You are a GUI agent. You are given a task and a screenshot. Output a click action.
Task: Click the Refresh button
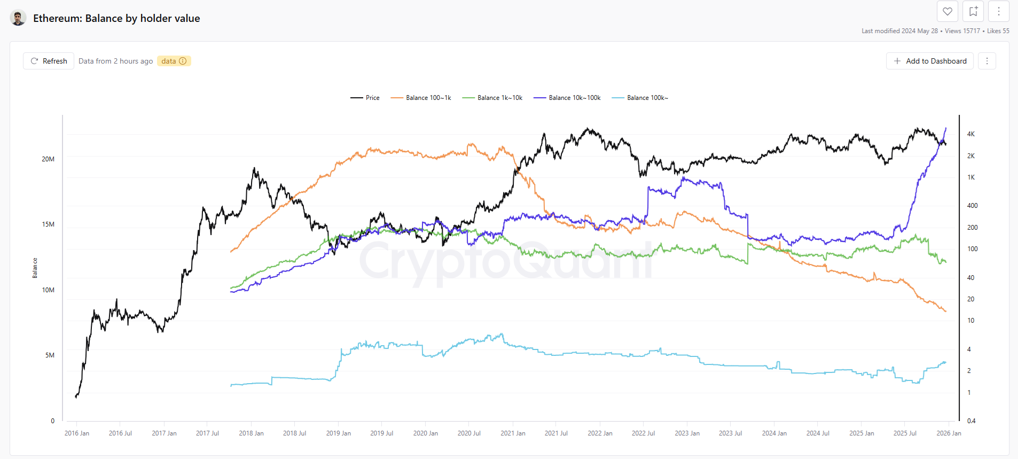click(49, 61)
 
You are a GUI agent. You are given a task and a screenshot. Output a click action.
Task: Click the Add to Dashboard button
click(930, 61)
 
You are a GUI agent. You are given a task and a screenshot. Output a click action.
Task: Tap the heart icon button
click(947, 11)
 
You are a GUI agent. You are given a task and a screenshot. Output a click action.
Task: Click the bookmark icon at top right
click(973, 11)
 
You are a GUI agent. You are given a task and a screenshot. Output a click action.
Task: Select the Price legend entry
click(365, 98)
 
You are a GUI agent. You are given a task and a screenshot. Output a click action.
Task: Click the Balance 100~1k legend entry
click(421, 98)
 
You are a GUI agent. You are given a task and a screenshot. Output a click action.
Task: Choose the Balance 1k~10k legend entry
click(492, 98)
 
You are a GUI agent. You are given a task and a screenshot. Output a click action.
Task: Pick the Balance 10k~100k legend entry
click(567, 98)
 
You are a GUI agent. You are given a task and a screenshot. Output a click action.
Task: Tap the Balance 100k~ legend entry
click(640, 98)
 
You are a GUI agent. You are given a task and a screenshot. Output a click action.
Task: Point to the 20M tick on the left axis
click(48, 159)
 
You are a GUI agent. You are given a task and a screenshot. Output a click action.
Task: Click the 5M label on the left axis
click(50, 355)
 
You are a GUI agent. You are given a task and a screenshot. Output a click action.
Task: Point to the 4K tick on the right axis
click(971, 134)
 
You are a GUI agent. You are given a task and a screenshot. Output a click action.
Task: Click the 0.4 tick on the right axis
click(971, 421)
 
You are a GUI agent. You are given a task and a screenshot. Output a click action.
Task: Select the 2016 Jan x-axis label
click(77, 433)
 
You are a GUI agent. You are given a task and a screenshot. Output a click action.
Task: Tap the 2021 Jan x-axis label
click(513, 433)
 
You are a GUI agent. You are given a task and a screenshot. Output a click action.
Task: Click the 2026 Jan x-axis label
click(949, 433)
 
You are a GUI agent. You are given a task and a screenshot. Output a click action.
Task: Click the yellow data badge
click(174, 61)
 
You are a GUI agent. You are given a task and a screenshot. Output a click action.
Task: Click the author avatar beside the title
click(18, 18)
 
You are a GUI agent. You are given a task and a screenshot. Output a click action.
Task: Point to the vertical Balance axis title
click(35, 268)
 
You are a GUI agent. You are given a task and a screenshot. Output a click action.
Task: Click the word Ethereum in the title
click(56, 18)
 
